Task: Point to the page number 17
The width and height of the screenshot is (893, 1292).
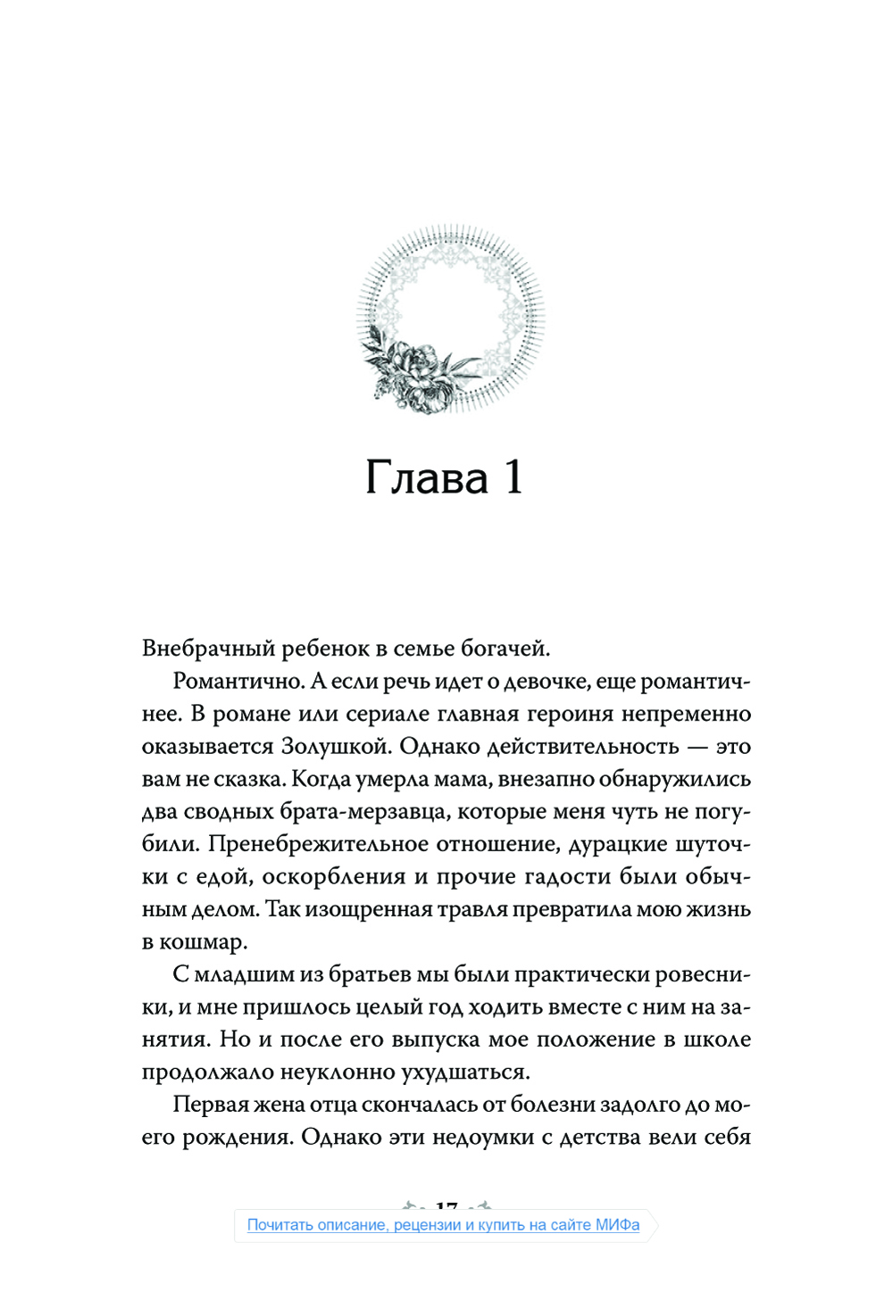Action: [x=446, y=1206]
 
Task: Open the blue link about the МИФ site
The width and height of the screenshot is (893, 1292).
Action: [x=443, y=1225]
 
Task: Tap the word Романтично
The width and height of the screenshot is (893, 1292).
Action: [x=238, y=681]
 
